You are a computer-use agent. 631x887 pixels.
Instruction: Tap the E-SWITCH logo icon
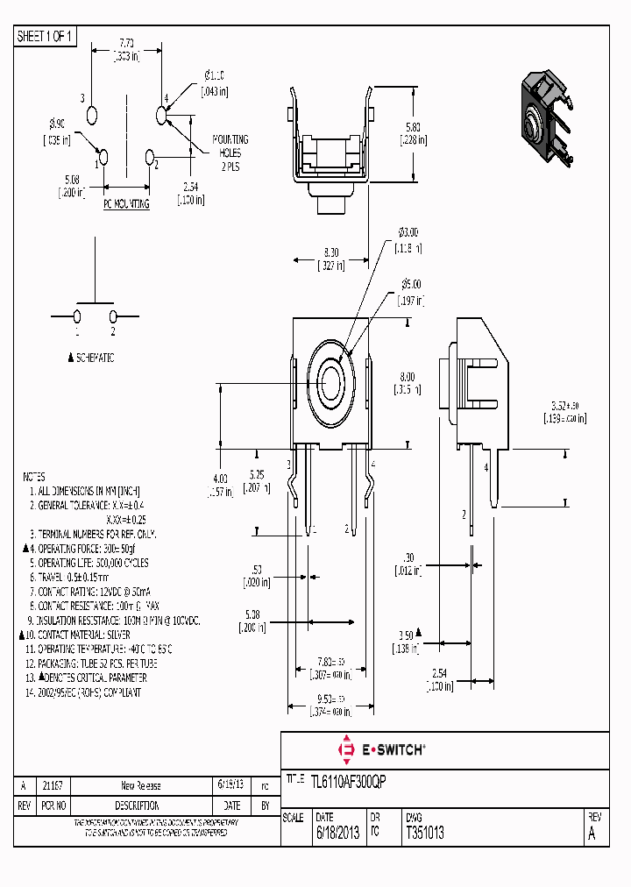click(x=345, y=749)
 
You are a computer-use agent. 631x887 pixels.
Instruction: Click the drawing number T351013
click(x=425, y=834)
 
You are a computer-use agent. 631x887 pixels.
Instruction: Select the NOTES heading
click(x=34, y=477)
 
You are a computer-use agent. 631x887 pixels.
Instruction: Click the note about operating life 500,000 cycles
click(x=91, y=563)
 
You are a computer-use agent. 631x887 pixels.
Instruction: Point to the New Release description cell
click(x=140, y=786)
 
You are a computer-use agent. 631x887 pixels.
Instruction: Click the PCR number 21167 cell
click(x=53, y=786)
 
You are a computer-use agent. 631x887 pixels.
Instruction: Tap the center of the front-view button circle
click(x=331, y=382)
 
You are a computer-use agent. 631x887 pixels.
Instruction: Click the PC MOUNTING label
click(x=126, y=203)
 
